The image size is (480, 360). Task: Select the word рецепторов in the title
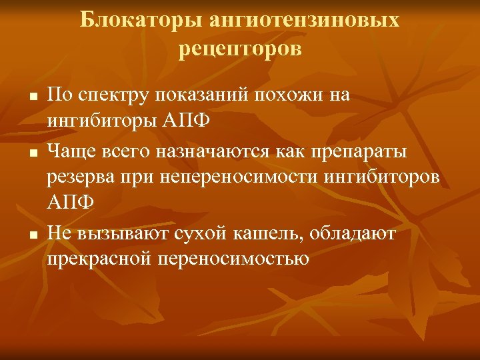(240, 49)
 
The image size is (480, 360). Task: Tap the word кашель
(256, 234)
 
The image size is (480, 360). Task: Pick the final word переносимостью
(233, 257)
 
